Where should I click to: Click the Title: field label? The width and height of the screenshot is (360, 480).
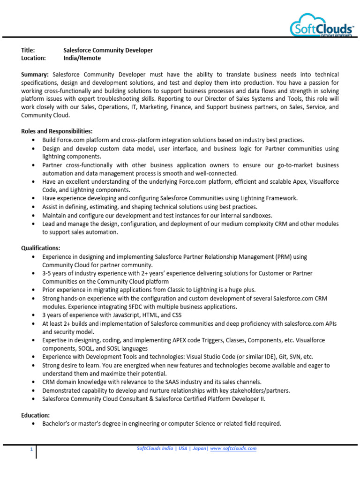click(28, 50)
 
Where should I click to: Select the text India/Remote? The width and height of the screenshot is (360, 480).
click(82, 58)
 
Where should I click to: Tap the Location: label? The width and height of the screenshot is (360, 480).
click(33, 58)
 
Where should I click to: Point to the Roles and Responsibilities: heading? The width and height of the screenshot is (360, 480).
click(57, 131)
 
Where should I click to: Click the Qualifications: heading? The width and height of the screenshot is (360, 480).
click(41, 248)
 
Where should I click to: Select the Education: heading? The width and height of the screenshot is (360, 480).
click(36, 415)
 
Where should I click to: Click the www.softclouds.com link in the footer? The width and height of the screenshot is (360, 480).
click(233, 449)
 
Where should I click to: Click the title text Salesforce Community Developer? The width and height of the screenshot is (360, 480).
click(108, 50)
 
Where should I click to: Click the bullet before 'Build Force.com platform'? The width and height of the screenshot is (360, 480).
click(32, 140)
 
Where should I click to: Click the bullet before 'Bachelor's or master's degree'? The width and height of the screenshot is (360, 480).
click(32, 424)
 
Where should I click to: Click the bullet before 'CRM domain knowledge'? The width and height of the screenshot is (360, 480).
click(32, 382)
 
